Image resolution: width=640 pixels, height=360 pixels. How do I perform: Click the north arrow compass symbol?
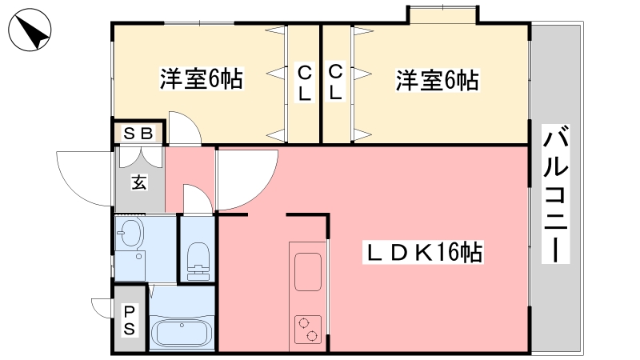30,30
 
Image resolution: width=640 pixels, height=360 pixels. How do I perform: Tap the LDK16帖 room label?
424,253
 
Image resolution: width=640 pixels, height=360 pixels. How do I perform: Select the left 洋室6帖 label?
202,78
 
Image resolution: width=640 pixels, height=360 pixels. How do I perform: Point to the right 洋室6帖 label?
437,80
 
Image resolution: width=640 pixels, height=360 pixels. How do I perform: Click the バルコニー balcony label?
555,194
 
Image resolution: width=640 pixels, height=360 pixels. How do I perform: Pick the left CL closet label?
305,84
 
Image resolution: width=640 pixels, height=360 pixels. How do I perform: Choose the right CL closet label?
335,83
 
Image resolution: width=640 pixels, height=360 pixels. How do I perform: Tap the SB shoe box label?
138,133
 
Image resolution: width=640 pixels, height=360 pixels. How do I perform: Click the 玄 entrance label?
139,182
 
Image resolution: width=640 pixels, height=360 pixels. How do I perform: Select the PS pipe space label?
130,321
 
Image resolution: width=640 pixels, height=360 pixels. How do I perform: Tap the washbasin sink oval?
130,233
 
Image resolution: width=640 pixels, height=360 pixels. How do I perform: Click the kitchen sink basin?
308,271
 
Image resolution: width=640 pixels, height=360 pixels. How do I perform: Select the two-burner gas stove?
308,330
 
